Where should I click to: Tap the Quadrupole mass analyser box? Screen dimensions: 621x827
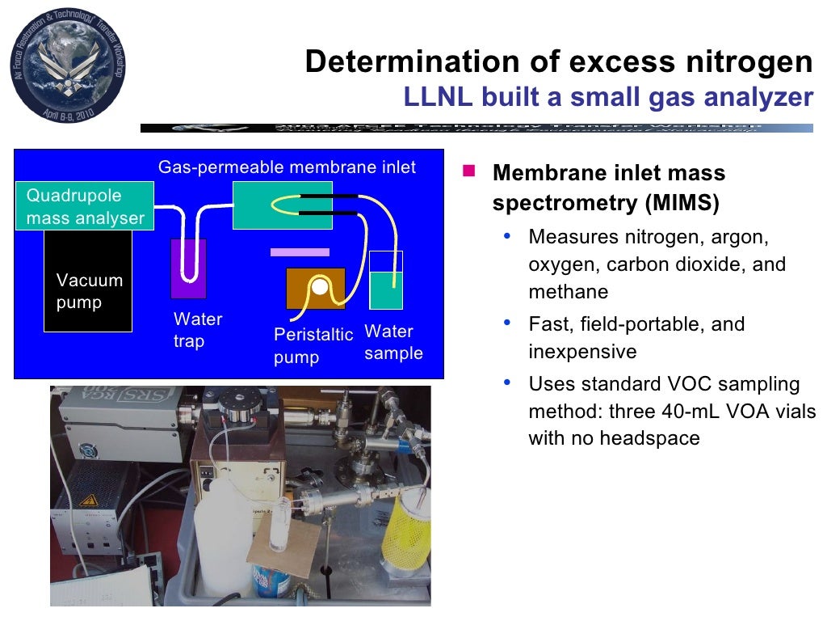[x=85, y=206]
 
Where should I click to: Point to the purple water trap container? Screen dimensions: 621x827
[x=188, y=269]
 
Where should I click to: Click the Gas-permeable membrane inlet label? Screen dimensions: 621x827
[x=287, y=167]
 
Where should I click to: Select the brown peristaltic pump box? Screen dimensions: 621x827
[x=316, y=288]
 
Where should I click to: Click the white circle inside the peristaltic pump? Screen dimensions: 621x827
[x=321, y=286]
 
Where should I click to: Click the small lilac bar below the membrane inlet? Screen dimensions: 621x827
[x=300, y=252]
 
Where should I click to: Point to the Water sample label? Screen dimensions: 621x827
[x=393, y=343]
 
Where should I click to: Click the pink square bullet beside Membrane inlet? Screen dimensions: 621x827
[x=468, y=171]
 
